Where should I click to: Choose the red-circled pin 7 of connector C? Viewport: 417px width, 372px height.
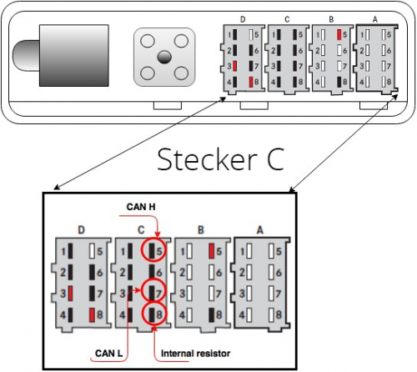pyautogui.click(x=153, y=291)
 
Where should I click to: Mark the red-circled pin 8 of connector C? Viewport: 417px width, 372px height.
pyautogui.click(x=153, y=314)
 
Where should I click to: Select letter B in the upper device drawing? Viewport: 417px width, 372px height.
pyautogui.click(x=333, y=18)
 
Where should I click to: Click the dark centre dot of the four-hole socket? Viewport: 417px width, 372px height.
pyautogui.click(x=164, y=57)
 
